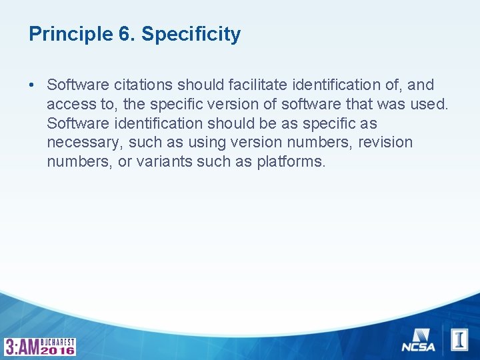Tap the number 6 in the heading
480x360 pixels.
click(125, 34)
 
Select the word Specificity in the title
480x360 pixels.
click(191, 34)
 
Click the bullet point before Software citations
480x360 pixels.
click(32, 85)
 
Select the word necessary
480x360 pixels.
click(85, 143)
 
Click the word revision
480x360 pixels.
click(385, 143)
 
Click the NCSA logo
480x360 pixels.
click(419, 340)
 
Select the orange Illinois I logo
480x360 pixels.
click(459, 339)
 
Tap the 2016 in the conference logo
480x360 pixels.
click(58, 350)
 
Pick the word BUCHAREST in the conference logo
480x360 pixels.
click(58, 341)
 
